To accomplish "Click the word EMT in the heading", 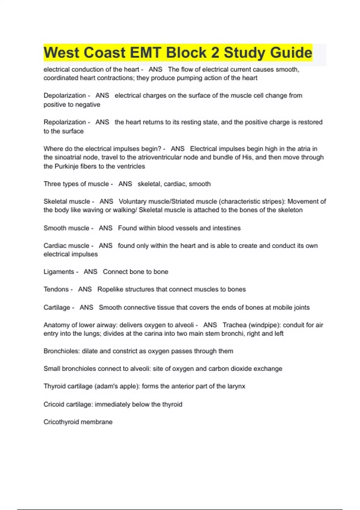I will (145, 53).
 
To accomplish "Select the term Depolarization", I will (65, 95).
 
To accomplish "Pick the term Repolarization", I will (65, 122).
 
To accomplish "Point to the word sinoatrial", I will (70, 157).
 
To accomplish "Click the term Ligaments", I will (59, 271).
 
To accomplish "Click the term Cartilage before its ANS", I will (57, 307).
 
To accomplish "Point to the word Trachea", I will (235, 325).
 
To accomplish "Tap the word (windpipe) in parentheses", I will (265, 325).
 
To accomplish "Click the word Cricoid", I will (54, 404).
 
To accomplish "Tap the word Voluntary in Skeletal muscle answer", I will (133, 201).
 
